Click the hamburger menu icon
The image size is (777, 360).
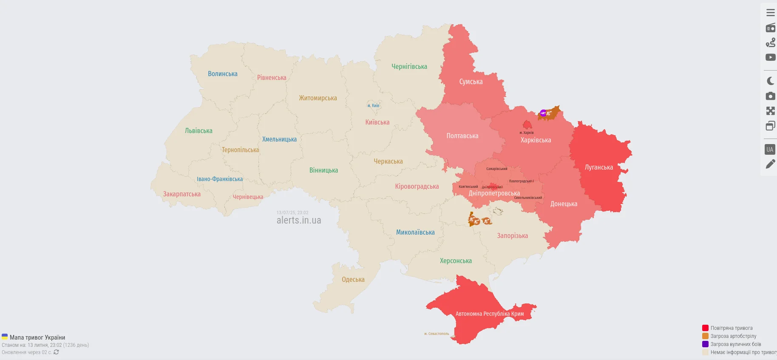770,13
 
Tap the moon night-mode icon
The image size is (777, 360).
770,81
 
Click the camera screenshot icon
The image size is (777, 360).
770,96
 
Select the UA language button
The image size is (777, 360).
770,149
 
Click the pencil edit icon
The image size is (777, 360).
770,164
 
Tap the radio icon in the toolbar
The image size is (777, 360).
770,28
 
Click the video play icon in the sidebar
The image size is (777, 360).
770,57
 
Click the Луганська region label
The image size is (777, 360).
598,167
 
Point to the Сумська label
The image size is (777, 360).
471,82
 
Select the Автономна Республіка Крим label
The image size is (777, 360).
489,314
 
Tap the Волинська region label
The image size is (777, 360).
222,74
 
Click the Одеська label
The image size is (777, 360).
353,280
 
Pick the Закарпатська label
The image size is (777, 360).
181,194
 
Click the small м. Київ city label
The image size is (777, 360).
373,105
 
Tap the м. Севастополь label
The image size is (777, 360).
436,334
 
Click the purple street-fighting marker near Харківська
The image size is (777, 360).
543,113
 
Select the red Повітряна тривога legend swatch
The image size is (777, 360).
705,328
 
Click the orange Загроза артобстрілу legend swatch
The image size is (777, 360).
705,336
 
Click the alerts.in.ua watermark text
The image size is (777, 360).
298,220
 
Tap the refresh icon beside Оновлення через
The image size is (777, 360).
56,352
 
